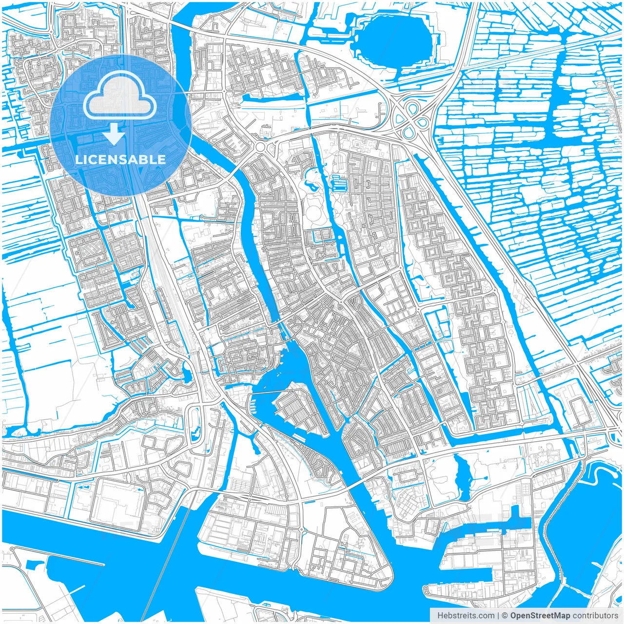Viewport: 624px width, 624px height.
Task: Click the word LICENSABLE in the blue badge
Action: (120, 159)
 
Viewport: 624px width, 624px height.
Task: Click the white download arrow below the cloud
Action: (114, 134)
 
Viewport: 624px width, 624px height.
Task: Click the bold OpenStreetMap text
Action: (540, 616)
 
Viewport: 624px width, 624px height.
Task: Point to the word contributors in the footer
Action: (595, 616)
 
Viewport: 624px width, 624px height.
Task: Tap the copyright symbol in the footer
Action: (505, 616)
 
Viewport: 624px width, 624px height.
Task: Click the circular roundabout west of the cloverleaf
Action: (260, 147)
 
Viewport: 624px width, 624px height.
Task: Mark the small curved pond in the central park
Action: (310, 182)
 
